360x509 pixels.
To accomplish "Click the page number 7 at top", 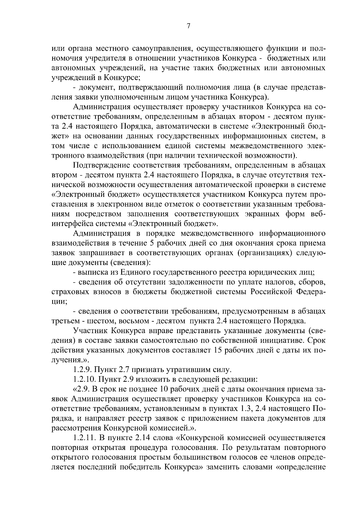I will tap(188, 26).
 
